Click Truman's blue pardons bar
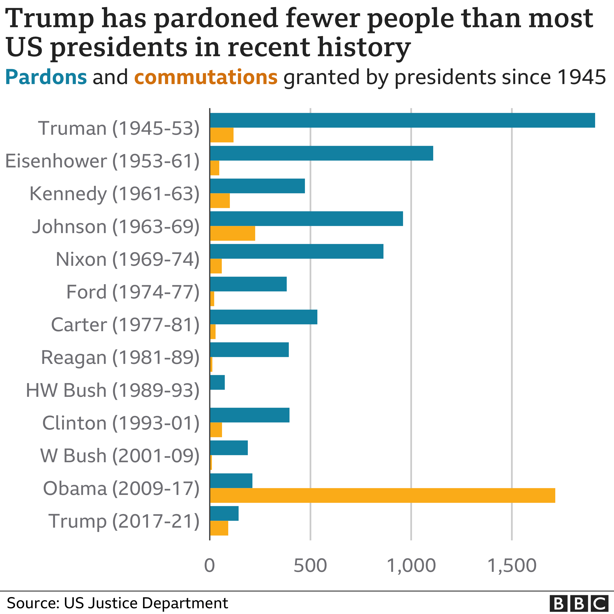402,120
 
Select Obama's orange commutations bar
382,495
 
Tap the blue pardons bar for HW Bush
217,382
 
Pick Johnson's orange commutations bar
233,234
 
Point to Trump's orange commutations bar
219,528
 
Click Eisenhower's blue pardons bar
321,153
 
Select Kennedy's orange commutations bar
220,201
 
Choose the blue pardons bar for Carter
263,317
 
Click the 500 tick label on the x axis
310,566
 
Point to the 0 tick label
210,566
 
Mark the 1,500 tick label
512,566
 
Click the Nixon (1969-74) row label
127,259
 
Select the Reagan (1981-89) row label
120,357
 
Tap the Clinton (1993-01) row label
121,423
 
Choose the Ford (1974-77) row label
132,292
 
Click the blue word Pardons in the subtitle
46,77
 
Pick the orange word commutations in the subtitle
206,77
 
